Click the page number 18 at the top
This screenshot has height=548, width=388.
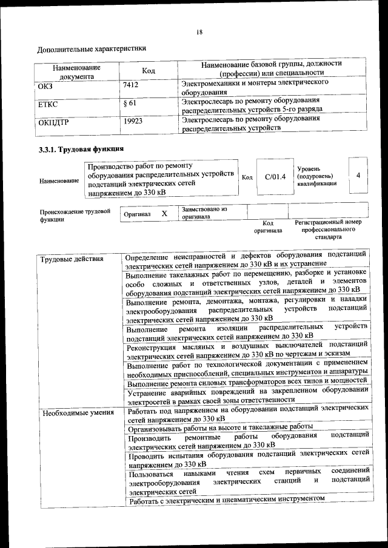(x=199, y=31)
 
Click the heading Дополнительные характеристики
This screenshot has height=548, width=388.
(x=92, y=48)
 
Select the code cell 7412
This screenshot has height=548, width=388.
(x=131, y=86)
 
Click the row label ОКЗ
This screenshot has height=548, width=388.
(x=47, y=86)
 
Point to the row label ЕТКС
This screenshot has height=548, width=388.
(x=48, y=105)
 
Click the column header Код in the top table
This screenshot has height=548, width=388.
(x=149, y=71)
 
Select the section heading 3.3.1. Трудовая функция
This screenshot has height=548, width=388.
(x=81, y=148)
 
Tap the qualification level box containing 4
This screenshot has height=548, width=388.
(x=359, y=175)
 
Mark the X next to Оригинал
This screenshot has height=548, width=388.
(x=164, y=214)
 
